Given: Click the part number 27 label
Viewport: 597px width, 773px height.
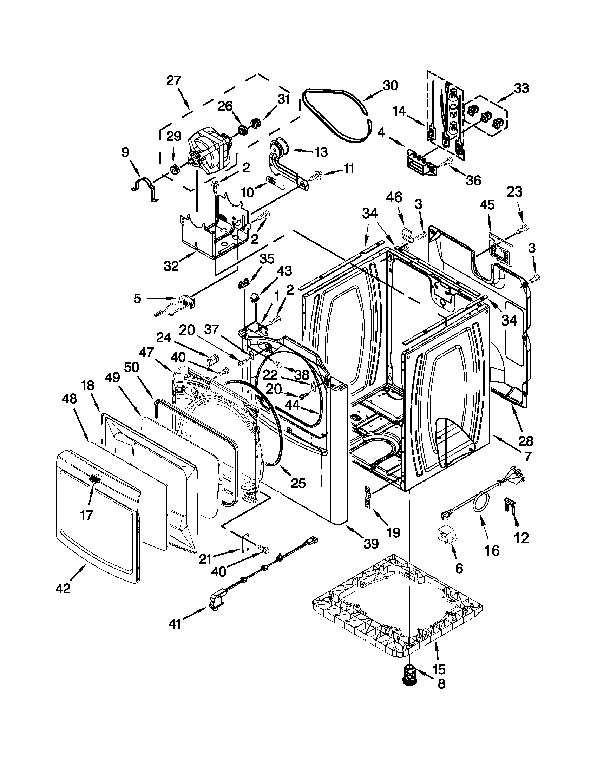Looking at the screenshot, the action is pos(174,81).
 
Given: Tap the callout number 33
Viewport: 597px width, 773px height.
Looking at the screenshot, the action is pos(521,87).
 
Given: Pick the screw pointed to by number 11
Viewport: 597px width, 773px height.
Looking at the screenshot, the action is pos(315,175).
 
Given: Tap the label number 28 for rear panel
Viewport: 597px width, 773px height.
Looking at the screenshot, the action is pos(526,441).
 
